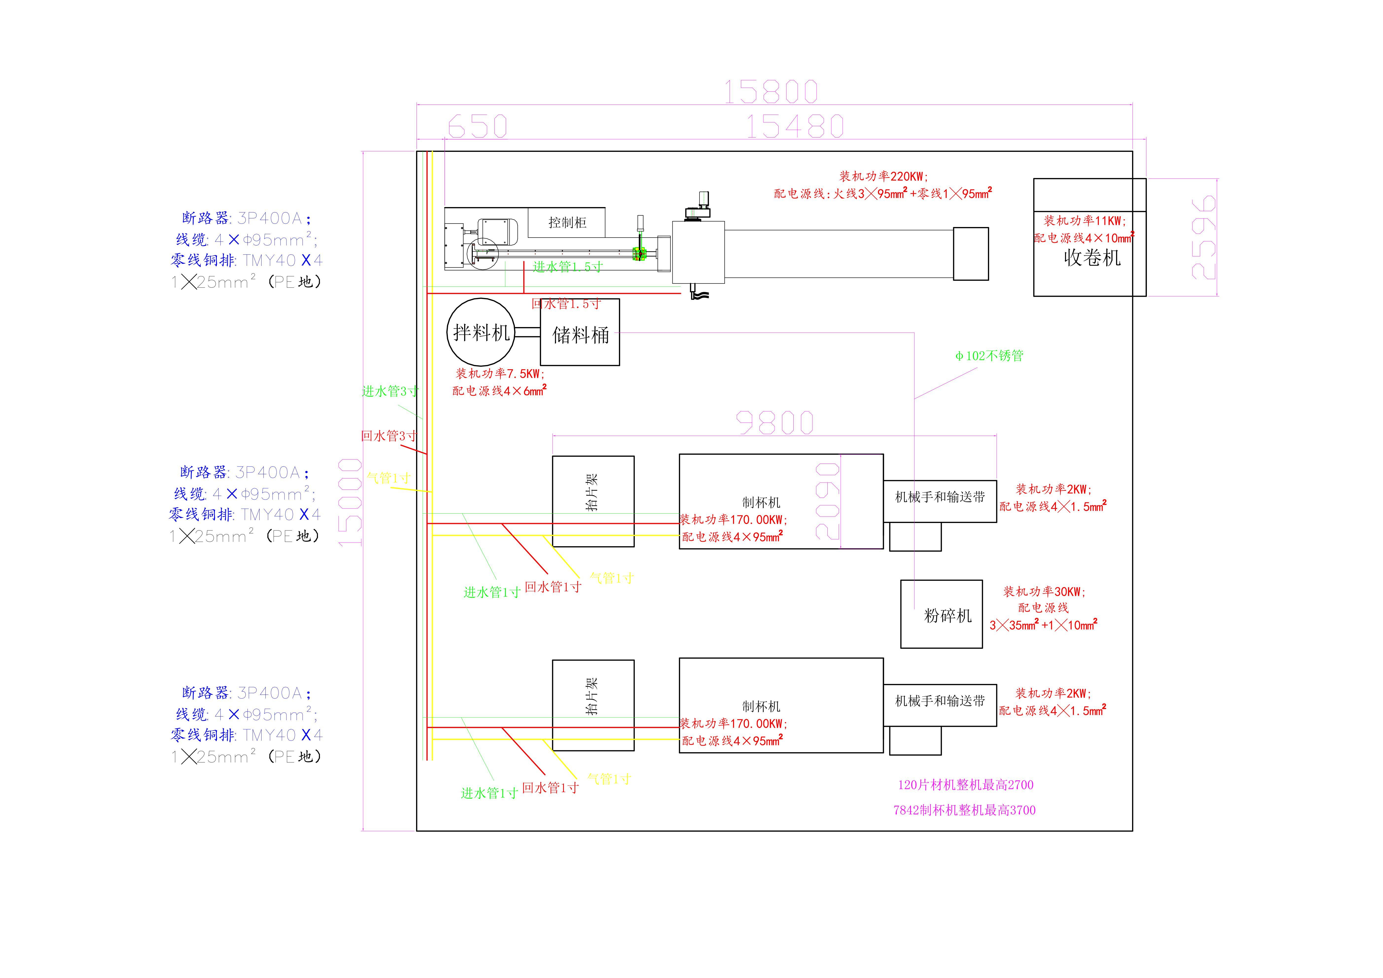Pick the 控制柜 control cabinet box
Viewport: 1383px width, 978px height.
567,223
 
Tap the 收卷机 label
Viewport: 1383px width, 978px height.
1092,258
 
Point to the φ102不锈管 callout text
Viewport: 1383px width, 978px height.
989,356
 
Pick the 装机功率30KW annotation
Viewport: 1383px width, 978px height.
1044,591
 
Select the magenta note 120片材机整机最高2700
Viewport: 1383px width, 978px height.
965,785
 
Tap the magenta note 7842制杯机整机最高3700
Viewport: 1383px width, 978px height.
964,810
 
